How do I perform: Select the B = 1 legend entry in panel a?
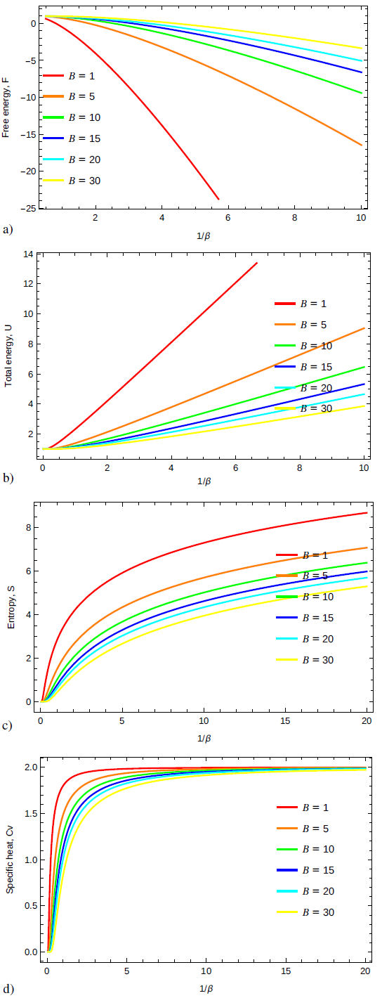click(70, 74)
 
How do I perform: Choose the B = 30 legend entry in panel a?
click(70, 181)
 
